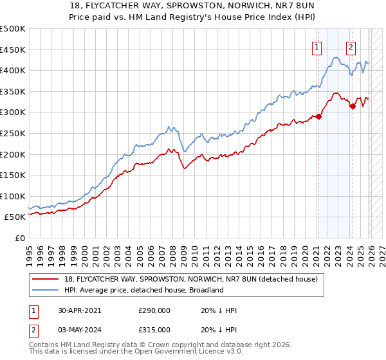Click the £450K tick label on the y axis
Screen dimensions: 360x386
[13, 50]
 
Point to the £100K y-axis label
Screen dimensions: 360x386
[13, 196]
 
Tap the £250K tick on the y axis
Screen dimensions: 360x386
[13, 133]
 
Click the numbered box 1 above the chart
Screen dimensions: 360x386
[318, 46]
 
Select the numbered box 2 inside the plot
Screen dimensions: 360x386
[351, 46]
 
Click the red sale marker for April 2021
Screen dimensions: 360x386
[318, 117]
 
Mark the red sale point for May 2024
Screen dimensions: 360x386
[352, 106]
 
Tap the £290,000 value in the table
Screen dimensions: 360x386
[154, 310]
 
